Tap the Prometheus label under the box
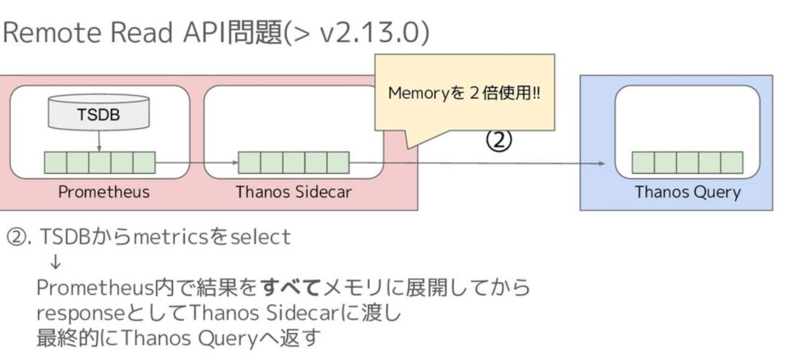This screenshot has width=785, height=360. [x=104, y=192]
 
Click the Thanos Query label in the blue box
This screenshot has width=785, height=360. [x=687, y=192]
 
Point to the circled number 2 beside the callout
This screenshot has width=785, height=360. [x=499, y=140]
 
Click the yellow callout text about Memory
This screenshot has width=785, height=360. [x=464, y=94]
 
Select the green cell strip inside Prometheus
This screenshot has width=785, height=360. [x=100, y=162]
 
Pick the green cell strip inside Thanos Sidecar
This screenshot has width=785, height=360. [x=294, y=162]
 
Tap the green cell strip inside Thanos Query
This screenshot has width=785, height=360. [x=687, y=162]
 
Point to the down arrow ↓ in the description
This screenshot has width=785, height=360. [x=56, y=263]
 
